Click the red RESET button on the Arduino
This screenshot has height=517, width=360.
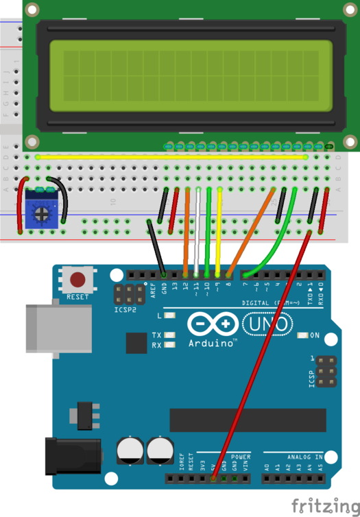click(79, 280)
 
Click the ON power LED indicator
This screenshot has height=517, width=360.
click(302, 335)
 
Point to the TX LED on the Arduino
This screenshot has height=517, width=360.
click(169, 335)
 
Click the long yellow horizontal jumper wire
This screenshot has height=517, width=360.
click(171, 156)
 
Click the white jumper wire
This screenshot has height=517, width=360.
click(197, 233)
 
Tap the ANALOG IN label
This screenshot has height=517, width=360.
click(300, 455)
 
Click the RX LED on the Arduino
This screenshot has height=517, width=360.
click(169, 345)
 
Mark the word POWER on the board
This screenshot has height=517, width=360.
click(240, 455)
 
